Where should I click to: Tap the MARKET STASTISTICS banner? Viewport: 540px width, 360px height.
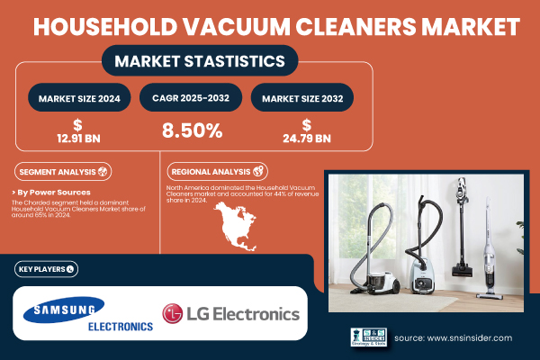[199, 61]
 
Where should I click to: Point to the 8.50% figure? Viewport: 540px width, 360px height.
[192, 130]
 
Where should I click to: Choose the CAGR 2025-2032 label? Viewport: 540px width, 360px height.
[192, 96]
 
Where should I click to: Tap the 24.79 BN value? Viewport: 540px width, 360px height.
[306, 138]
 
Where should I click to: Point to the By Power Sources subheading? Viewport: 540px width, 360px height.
[54, 193]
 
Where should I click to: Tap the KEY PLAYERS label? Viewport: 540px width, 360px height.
[45, 268]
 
